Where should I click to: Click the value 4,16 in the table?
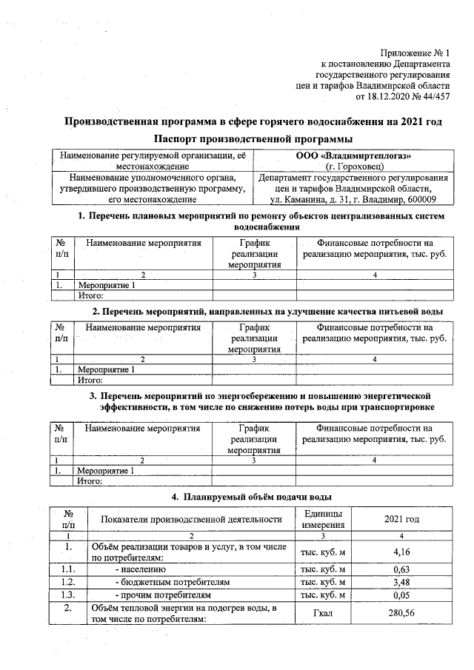coord(401,552)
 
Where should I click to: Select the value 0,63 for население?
coord(401,569)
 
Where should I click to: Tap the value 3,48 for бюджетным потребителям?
coord(401,582)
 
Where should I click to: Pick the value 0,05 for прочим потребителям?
coord(401,594)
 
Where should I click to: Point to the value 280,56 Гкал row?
coord(401,613)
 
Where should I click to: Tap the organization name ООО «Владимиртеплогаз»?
coord(353,155)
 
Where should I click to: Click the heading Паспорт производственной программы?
coord(253,139)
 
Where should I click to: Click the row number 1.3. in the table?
coord(68,594)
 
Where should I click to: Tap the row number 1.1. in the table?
coord(68,569)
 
